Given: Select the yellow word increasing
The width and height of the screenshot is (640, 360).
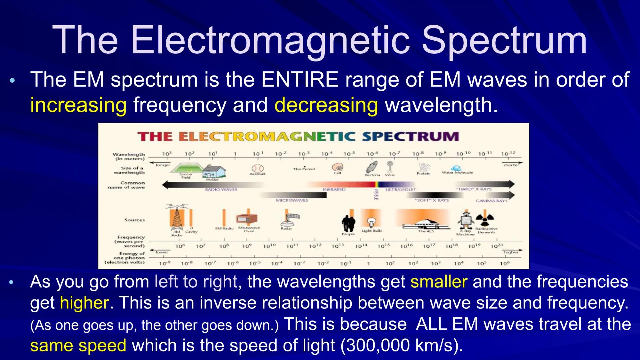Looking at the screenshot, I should coord(78,105).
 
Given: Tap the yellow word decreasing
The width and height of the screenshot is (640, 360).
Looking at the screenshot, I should coord(326,105).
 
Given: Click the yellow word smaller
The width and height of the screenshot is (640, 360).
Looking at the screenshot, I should coord(439,282).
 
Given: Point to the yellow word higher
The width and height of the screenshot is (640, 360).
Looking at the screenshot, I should coord(84,303).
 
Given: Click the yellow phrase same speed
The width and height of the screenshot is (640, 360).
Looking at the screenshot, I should coord(78,346).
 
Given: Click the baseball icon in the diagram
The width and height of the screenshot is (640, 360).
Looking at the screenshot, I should coord(257,168).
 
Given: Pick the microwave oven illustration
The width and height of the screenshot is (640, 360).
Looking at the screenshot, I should coord(247,219).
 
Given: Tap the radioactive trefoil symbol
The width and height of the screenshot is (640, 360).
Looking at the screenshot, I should coord(485,220).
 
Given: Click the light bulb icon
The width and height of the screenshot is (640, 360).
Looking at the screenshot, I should coord(371,222).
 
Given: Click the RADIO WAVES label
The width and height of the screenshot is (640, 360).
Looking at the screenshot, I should coord(221,190).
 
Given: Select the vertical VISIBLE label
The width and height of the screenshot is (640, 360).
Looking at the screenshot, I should coord(376,194).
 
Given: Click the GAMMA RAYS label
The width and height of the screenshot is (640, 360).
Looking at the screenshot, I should coord(491,201).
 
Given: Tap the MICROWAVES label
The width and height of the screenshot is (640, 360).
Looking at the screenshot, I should coord(292,200).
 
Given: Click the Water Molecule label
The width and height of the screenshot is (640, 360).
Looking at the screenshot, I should coord(457,173).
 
